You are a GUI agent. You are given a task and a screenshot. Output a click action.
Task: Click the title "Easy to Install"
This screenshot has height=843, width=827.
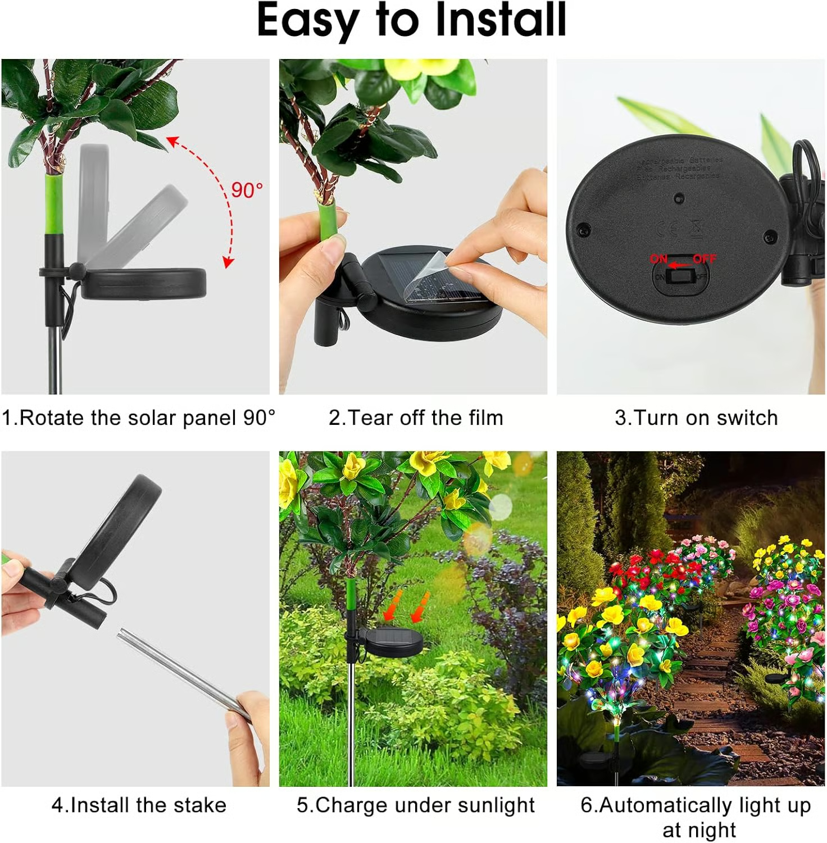click(x=411, y=20)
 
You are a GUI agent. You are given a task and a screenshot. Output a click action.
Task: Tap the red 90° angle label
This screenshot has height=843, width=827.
click(x=247, y=190)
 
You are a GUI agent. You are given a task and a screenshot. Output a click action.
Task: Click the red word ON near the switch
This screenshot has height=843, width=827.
click(x=658, y=259)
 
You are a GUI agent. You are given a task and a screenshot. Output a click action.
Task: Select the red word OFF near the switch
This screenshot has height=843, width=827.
click(x=704, y=259)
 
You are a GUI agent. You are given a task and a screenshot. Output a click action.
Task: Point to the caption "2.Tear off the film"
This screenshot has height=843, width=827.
click(x=416, y=418)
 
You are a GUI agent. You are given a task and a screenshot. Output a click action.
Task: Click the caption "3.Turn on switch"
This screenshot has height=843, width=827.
click(x=696, y=418)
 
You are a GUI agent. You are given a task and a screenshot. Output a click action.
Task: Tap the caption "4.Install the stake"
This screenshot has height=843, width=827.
click(x=139, y=805)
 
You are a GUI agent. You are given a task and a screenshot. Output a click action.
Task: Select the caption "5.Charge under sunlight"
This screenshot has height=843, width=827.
click(x=416, y=805)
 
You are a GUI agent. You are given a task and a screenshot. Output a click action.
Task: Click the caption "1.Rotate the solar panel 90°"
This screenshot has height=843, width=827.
click(x=138, y=418)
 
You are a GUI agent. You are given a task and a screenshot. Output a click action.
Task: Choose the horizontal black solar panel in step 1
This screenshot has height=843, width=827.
click(x=144, y=284)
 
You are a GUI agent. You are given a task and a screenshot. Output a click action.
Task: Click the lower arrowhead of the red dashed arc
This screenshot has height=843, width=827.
click(x=227, y=262)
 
